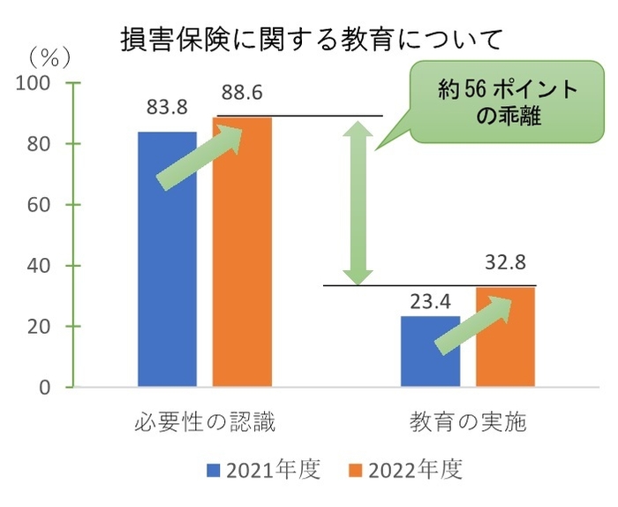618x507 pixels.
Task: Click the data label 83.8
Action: click(x=167, y=109)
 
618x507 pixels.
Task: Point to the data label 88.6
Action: click(x=242, y=94)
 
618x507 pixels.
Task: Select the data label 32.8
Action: click(x=505, y=263)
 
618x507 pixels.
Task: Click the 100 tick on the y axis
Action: click(x=41, y=83)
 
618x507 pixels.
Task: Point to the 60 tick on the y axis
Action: click(x=46, y=205)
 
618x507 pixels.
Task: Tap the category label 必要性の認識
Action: click(x=206, y=421)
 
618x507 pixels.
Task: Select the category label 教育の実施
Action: click(x=468, y=421)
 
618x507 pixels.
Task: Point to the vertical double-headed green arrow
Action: click(x=357, y=203)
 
